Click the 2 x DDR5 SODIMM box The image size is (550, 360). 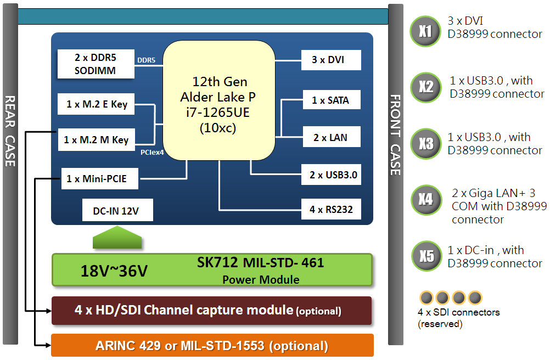tap(96, 64)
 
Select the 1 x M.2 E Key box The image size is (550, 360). tap(97, 104)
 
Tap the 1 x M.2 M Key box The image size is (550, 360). tap(96, 140)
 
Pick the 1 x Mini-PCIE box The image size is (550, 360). tap(100, 178)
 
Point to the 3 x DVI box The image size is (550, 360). tap(331, 60)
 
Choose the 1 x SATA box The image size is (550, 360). tap(330, 100)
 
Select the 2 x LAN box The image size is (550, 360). tap(330, 137)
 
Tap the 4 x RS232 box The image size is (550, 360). tap(331, 209)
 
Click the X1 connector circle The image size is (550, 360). tap(425, 31)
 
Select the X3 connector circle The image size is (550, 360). tap(425, 144)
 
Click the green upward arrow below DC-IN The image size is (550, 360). tap(117, 239)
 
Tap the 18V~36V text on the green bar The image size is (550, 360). tap(114, 271)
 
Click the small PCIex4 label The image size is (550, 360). tap(152, 152)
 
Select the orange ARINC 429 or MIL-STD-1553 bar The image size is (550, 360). tap(212, 346)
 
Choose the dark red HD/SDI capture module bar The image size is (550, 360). tap(211, 311)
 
